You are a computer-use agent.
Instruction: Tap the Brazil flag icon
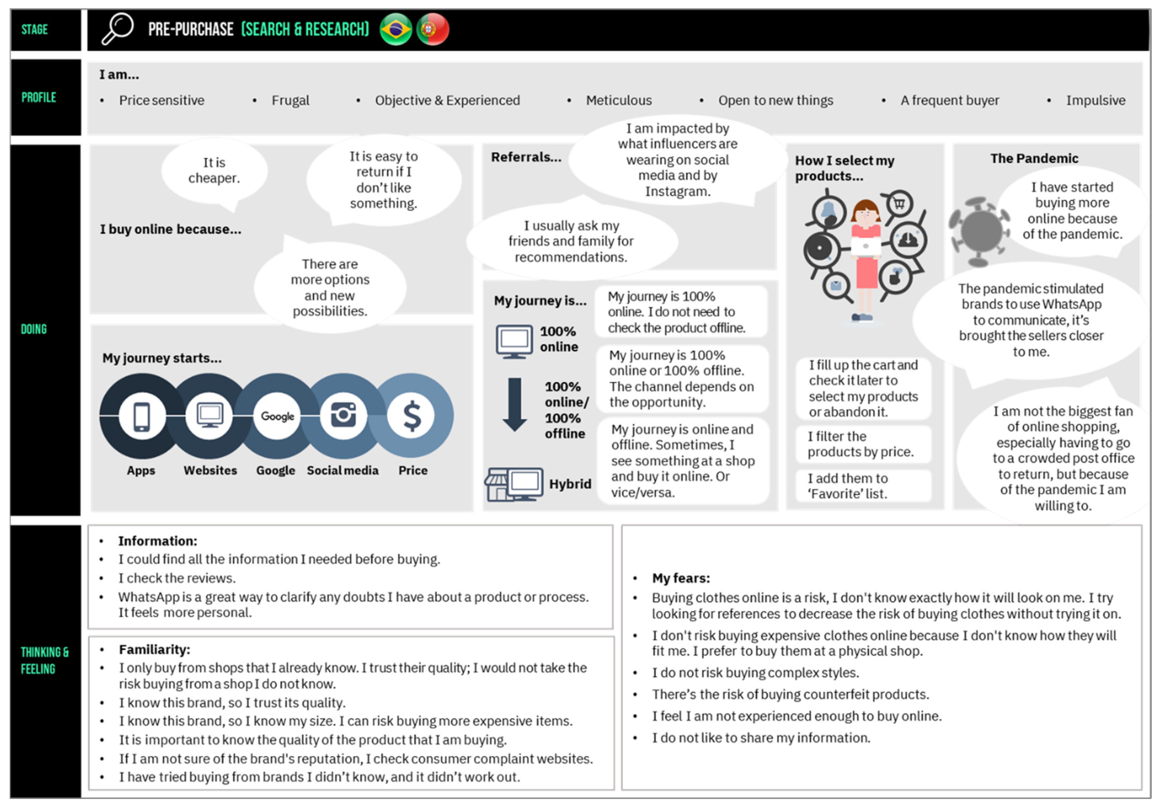tap(396, 29)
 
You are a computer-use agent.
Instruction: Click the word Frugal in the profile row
tap(290, 100)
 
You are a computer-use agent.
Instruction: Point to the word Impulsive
tap(1095, 100)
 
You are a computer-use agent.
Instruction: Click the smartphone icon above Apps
tap(142, 416)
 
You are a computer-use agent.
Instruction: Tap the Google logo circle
tap(277, 416)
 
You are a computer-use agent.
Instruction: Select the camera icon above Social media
tap(343, 416)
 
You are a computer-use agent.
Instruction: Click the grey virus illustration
tap(979, 231)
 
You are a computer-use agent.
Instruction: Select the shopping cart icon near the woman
tap(899, 204)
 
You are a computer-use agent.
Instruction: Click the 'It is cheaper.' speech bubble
tap(214, 171)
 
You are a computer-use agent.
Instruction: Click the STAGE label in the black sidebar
tap(35, 29)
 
